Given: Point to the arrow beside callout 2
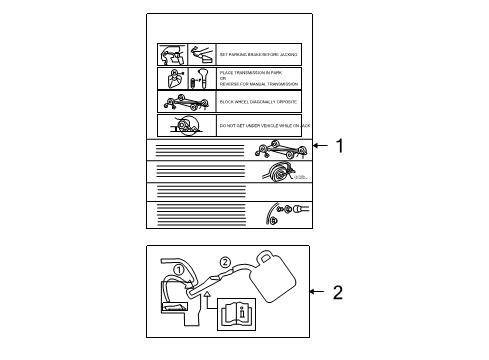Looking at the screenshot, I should tap(316, 292).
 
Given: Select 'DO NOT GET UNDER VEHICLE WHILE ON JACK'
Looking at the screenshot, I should tap(260, 126).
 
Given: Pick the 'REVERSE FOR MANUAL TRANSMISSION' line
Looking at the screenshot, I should tap(259, 84).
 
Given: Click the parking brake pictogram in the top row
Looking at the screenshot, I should tap(187, 54).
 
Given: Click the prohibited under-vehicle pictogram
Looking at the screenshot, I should tap(187, 125).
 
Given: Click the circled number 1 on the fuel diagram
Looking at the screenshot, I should tap(179, 269).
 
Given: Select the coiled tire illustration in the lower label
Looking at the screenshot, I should tap(278, 171).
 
